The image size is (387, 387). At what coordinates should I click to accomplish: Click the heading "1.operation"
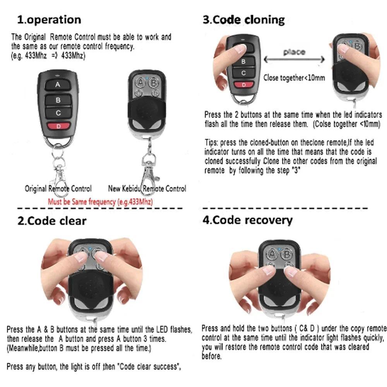pos(49,20)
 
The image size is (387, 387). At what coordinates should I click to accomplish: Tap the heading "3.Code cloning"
pos(243,20)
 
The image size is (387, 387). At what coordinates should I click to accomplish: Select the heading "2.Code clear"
pos(52,221)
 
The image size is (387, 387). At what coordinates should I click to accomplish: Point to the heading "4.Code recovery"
pos(248,220)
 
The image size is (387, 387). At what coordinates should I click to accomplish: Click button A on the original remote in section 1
pos(58,85)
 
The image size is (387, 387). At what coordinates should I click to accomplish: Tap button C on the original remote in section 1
pos(58,113)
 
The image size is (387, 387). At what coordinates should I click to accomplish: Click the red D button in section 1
pos(58,126)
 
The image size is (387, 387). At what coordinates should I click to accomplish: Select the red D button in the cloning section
pos(244,85)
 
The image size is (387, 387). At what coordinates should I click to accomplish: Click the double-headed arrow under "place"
pos(294,60)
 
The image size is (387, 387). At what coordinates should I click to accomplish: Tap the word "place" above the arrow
pos(294,52)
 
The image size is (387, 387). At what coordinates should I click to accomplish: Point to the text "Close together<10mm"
pos(294,78)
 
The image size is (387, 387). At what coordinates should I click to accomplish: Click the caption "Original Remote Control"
pos(58,189)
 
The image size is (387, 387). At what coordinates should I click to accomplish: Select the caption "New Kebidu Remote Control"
pos(147,189)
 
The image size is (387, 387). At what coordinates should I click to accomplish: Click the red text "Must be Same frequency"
pos(100,202)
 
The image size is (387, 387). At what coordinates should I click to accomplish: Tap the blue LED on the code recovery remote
pos(280,250)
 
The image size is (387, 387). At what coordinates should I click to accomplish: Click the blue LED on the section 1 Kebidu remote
pos(147,78)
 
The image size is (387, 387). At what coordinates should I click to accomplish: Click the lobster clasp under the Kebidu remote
pos(149,168)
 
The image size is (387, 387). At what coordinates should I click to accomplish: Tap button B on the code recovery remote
pos(287,254)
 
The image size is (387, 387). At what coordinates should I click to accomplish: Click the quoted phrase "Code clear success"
pos(147,366)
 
